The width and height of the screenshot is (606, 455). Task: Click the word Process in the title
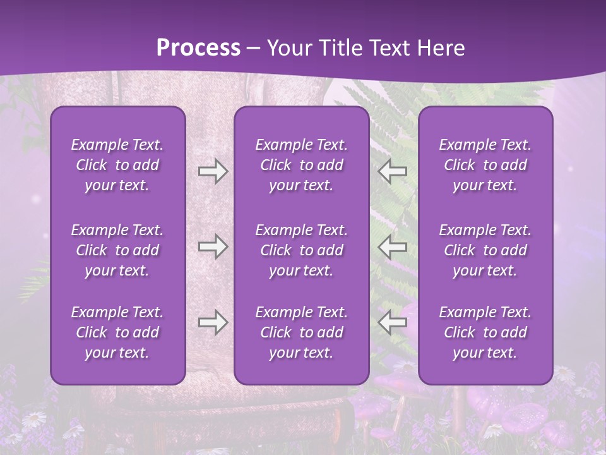point(198,48)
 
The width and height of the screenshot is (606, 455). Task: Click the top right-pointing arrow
point(213,171)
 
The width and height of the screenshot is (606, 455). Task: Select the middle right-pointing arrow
point(213,246)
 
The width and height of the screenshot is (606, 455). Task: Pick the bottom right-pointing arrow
point(213,322)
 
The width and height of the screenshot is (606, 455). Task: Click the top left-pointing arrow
point(392,171)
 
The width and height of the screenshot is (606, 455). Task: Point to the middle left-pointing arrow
point(392,246)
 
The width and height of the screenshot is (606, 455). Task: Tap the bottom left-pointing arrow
point(392,322)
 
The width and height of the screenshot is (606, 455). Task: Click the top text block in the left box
point(117,165)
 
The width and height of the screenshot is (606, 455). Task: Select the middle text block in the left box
point(117,250)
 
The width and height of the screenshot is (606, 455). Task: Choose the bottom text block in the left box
point(117,332)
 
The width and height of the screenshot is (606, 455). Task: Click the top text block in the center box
point(302,165)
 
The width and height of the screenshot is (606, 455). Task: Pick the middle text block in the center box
point(302,250)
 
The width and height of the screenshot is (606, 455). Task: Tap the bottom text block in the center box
point(302,332)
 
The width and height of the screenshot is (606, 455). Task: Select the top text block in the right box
point(485,165)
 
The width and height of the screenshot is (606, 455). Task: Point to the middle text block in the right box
point(485,250)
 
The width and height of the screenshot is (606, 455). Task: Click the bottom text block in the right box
point(485,332)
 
